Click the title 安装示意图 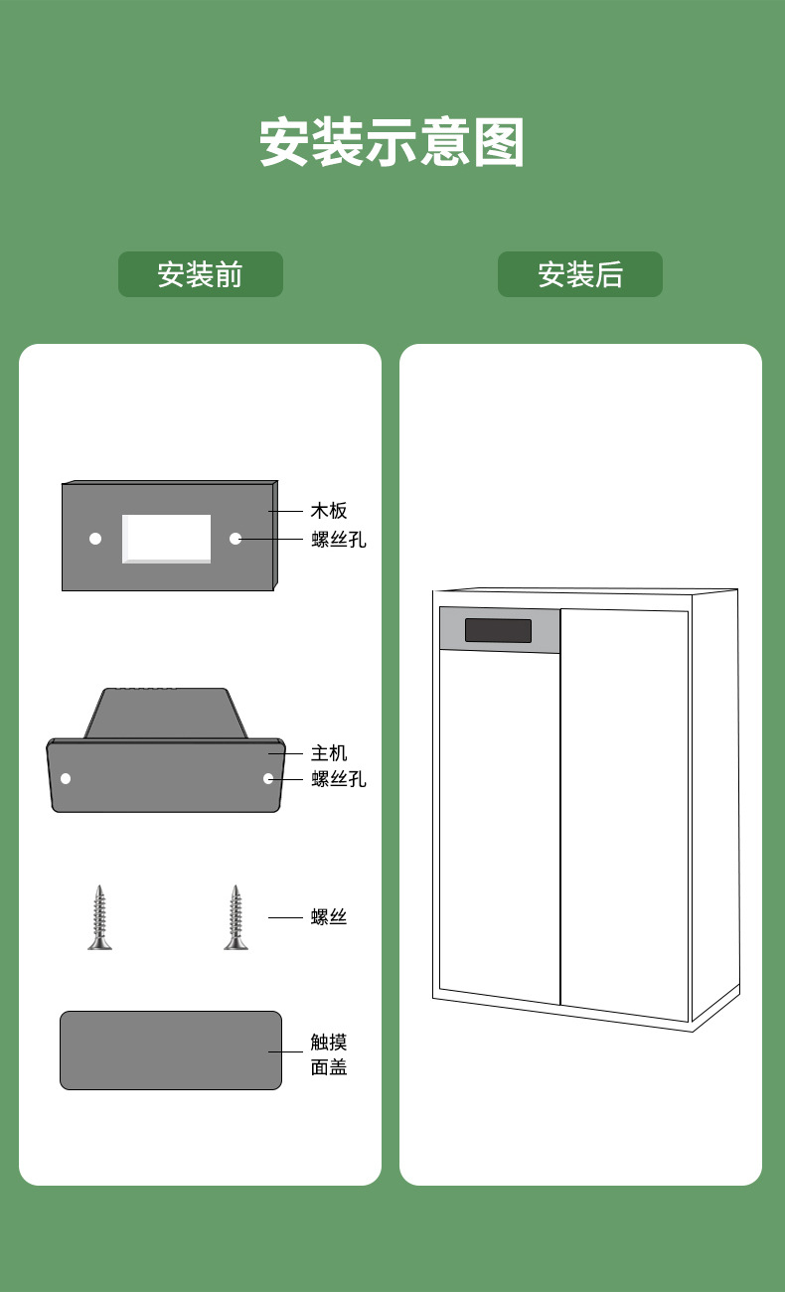(392, 143)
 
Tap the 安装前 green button (200, 274)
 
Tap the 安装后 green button (579, 274)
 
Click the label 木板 (329, 511)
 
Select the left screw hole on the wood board (95, 539)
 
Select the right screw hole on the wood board (235, 539)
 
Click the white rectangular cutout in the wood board (167, 539)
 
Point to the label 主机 (329, 753)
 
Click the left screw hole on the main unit (66, 778)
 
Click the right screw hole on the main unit (268, 778)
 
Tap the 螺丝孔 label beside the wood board (339, 540)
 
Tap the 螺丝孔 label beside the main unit (339, 779)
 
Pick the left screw (99, 917)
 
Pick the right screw (235, 917)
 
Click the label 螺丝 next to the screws (329, 917)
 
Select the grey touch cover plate (171, 1050)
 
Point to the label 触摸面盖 (329, 1054)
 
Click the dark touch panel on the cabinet (498, 630)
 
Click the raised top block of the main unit (166, 713)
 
